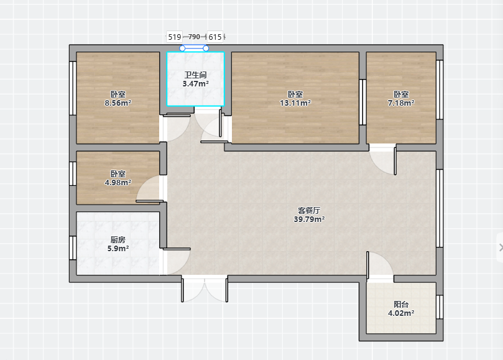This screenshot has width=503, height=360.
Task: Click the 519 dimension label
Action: tap(175, 37)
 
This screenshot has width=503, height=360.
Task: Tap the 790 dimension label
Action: tap(194, 37)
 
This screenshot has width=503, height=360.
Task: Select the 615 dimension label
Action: tap(215, 37)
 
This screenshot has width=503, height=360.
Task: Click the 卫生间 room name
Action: tap(195, 75)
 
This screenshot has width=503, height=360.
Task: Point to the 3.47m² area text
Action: tap(196, 84)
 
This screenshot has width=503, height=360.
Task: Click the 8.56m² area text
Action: tap(118, 103)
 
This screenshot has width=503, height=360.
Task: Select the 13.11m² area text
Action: tap(295, 103)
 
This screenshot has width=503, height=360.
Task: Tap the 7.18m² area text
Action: tap(401, 103)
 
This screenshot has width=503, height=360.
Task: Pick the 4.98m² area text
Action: tap(118, 183)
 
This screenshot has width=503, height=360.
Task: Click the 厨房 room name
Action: tap(118, 239)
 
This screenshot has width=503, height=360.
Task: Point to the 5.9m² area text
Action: tap(118, 248)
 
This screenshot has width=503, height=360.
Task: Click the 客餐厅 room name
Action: tap(309, 211)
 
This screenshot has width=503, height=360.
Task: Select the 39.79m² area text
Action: tap(309, 219)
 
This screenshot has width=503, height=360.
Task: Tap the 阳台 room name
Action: tap(401, 304)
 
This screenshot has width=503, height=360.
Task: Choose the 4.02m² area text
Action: tap(401, 313)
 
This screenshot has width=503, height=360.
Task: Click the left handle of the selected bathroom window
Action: tap(182, 48)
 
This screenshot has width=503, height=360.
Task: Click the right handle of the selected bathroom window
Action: tap(206, 48)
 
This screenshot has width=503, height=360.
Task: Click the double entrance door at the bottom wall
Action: tap(205, 288)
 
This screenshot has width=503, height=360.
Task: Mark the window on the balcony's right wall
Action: tap(440, 307)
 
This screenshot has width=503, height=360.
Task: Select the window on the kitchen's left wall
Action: tap(73, 247)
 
